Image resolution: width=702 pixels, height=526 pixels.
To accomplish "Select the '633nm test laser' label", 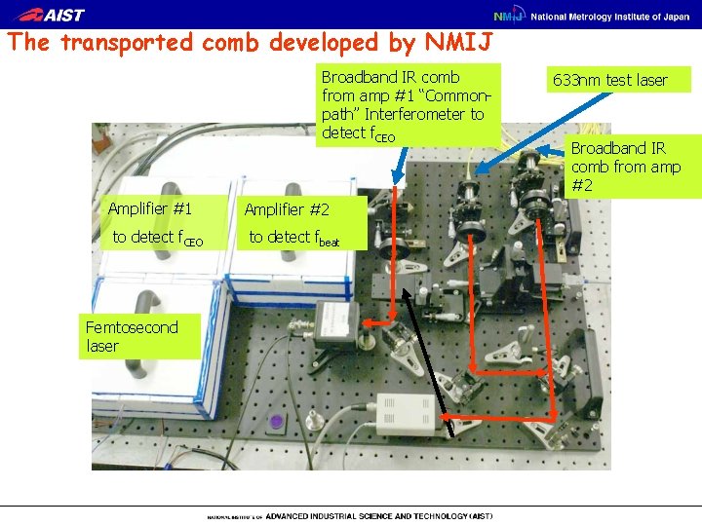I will click(x=609, y=80).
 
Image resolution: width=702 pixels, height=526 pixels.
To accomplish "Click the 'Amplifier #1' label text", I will click(x=150, y=208).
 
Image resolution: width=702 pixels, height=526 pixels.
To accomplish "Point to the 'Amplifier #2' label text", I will click(x=287, y=209).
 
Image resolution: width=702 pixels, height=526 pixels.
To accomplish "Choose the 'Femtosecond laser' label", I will click(x=132, y=336).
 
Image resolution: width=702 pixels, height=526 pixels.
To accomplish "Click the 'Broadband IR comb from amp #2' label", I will click(x=625, y=166).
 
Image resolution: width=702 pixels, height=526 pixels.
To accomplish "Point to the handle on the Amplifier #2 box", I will click(x=283, y=191).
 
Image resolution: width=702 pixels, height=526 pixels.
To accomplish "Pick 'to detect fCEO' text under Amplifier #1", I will click(x=157, y=237).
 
